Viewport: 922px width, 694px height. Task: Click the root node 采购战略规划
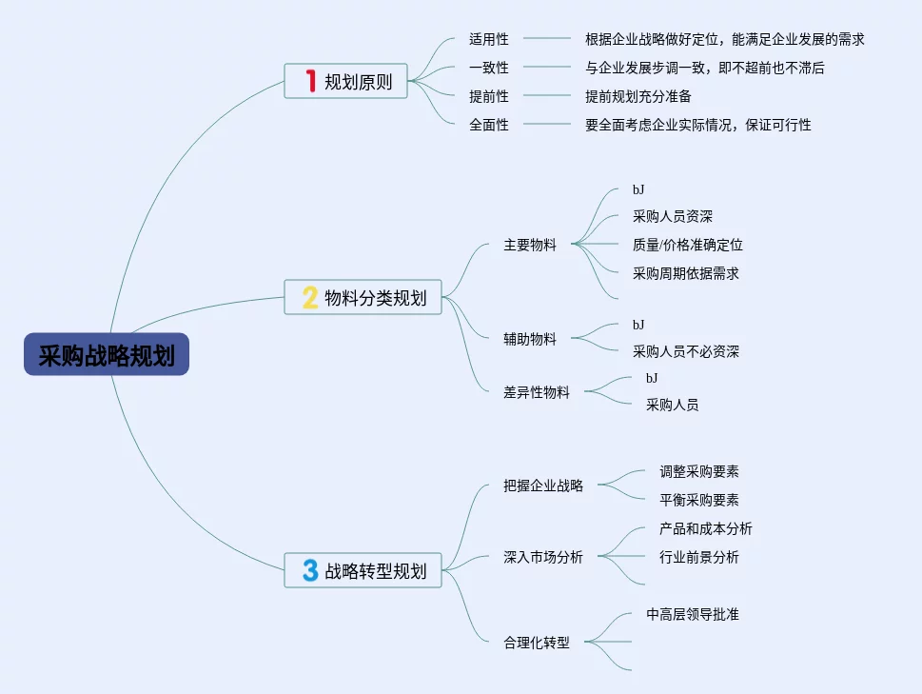(107, 354)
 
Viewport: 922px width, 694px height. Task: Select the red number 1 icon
(309, 81)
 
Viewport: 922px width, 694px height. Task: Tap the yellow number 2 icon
(309, 298)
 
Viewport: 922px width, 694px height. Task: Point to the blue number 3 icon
(309, 571)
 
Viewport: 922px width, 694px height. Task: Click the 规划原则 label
(358, 82)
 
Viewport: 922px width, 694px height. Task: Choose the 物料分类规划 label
(376, 299)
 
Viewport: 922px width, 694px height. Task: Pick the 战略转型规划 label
(376, 572)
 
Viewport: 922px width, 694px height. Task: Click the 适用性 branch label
(489, 39)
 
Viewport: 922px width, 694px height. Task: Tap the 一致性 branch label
(489, 68)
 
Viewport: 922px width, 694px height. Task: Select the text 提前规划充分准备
(638, 96)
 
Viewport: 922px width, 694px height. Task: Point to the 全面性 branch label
(489, 125)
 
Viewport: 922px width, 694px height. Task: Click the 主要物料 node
(530, 245)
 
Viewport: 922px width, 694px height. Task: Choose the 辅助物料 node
(530, 338)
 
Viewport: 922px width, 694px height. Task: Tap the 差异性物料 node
(537, 391)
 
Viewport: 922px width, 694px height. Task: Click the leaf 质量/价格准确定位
(688, 245)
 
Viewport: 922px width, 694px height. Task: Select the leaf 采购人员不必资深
(686, 351)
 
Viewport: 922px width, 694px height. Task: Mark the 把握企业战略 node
(543, 486)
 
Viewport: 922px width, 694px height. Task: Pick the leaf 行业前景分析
(699, 557)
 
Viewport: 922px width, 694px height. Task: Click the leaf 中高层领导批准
(693, 614)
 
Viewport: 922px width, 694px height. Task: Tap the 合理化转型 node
(537, 643)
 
